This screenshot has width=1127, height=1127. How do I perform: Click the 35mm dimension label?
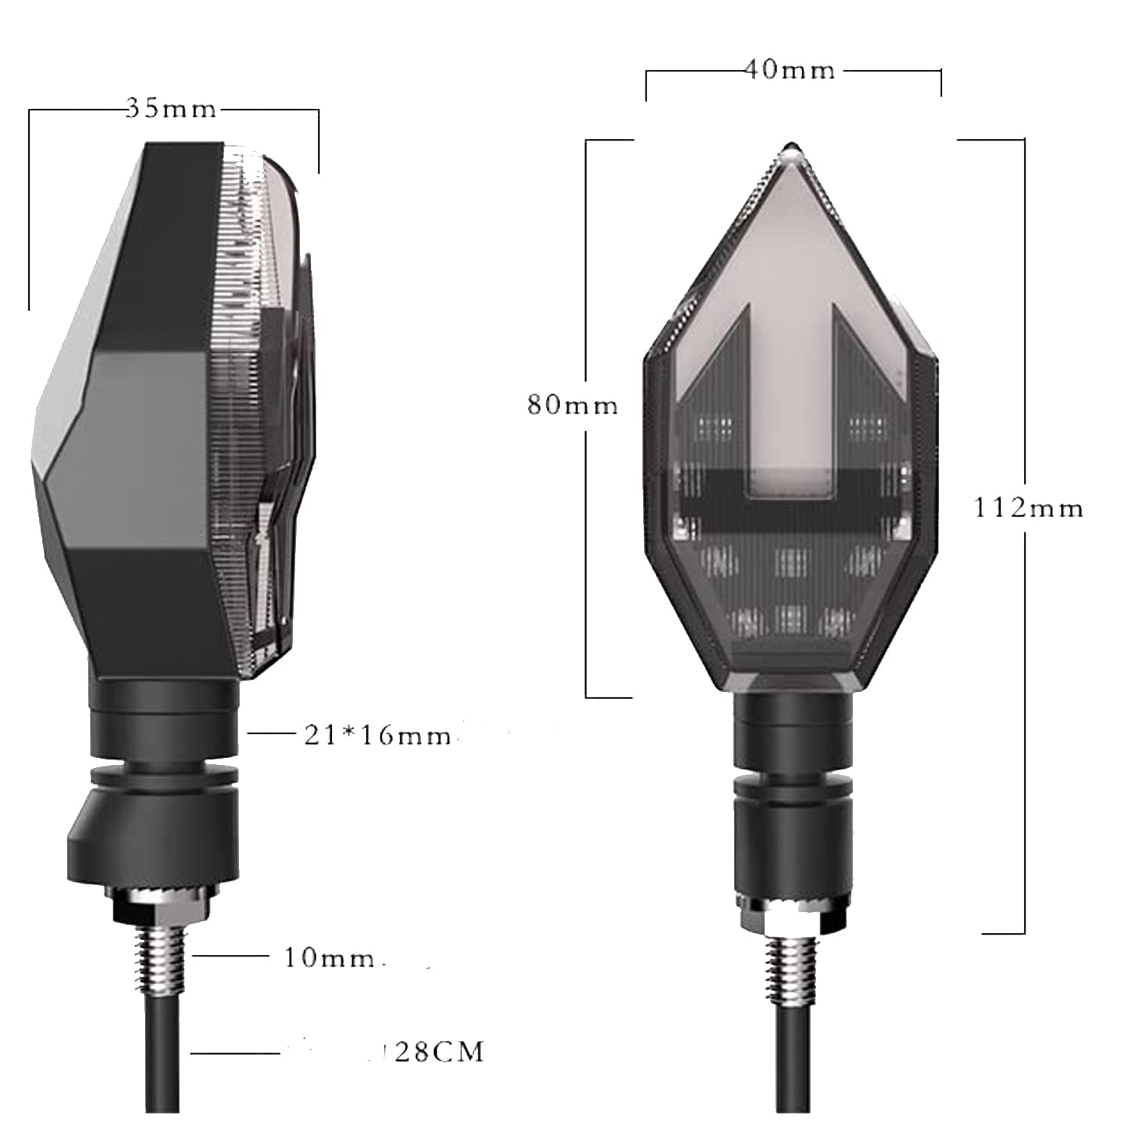click(171, 110)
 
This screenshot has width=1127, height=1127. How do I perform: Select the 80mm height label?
click(573, 406)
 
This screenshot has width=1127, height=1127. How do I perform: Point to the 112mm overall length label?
click(1029, 509)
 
